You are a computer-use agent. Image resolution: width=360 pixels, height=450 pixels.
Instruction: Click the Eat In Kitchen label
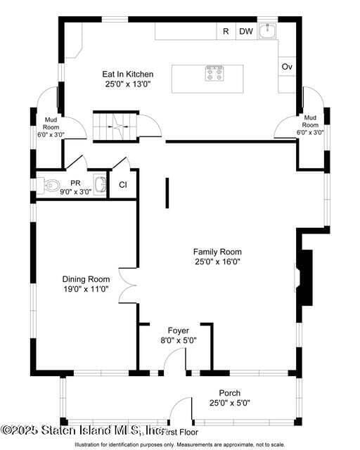click(128, 74)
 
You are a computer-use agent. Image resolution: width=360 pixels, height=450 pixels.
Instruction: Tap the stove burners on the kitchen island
click(214, 73)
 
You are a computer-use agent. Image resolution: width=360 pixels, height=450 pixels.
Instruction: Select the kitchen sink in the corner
click(267, 31)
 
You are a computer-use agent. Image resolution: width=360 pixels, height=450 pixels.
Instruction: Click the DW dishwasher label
click(245, 31)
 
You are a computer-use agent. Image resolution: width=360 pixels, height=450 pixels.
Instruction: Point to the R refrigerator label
click(226, 31)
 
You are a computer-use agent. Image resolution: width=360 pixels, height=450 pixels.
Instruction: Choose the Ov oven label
click(287, 66)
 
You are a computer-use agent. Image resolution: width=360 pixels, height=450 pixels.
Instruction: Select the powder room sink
click(100, 185)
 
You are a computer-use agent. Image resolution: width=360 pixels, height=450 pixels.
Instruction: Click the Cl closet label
click(122, 185)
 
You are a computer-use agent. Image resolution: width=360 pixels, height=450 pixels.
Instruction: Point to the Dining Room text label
click(86, 279)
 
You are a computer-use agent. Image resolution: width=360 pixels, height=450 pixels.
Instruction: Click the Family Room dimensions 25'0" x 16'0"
click(217, 262)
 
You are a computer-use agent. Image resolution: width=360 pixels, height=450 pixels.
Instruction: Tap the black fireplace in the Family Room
click(305, 277)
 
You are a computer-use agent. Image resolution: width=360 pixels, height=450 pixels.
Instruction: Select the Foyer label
click(179, 330)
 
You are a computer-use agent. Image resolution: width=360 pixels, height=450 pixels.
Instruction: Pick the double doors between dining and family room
click(128, 285)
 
